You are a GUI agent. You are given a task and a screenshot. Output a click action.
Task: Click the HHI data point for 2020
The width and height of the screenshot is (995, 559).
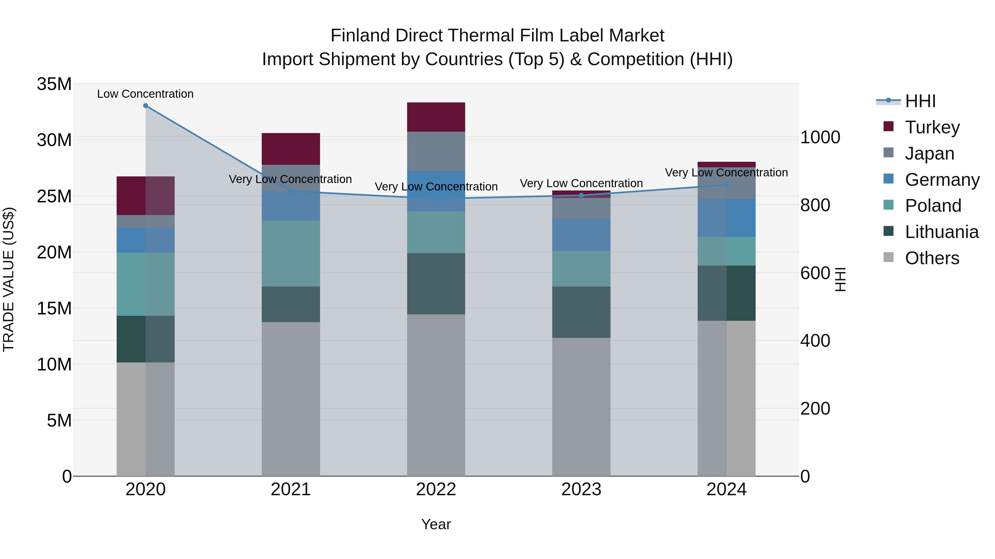click(146, 106)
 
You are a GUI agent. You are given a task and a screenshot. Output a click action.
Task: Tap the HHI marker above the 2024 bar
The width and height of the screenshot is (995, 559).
click(727, 185)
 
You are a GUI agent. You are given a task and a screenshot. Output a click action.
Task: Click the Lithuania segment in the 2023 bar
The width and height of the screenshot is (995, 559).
click(581, 312)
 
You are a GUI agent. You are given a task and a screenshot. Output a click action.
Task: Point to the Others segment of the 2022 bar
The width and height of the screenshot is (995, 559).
click(436, 395)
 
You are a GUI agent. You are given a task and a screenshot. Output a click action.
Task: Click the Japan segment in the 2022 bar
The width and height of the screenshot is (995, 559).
click(436, 151)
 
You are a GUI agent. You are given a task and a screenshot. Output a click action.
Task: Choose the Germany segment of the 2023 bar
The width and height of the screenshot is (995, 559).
click(581, 235)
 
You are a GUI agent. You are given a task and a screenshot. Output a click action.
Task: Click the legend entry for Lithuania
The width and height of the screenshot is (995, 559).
click(942, 232)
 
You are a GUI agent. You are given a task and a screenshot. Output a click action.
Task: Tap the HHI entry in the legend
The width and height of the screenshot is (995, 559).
click(920, 101)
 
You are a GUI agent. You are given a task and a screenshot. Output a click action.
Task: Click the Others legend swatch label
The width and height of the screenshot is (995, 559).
click(932, 258)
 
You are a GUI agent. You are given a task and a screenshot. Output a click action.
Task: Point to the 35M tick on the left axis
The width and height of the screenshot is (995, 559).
click(54, 84)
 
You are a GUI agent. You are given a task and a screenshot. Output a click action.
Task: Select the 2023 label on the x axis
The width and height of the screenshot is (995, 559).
click(581, 489)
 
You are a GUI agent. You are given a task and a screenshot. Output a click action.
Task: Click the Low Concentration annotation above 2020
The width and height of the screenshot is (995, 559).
click(145, 94)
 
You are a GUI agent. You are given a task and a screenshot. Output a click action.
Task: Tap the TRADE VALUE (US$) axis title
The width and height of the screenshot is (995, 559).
click(9, 279)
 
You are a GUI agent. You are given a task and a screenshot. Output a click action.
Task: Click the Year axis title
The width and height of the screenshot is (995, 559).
click(436, 524)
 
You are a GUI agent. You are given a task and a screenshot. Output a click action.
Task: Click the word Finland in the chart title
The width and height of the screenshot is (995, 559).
click(355, 36)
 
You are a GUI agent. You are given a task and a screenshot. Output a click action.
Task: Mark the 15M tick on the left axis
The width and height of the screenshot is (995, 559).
click(54, 308)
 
